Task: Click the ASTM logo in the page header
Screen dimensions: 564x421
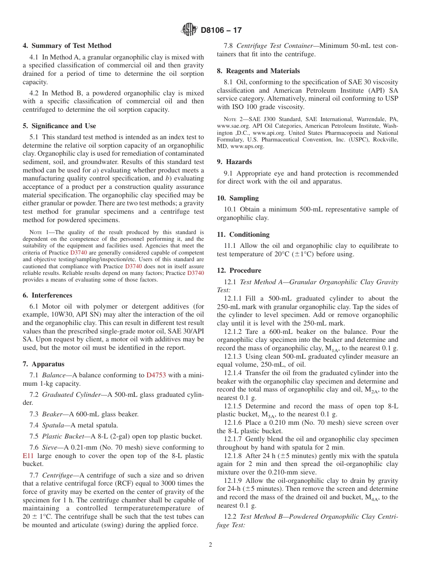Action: click(x=189, y=30)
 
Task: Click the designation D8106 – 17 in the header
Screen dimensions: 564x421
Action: click(x=221, y=30)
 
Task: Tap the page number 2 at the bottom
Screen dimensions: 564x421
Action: click(x=210, y=545)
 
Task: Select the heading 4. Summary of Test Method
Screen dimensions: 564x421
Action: click(x=67, y=46)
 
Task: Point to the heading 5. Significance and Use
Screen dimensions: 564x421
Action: click(x=59, y=126)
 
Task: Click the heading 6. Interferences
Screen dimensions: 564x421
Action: click(x=47, y=295)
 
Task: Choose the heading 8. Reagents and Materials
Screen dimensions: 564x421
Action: click(x=258, y=71)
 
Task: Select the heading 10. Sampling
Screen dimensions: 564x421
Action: click(x=238, y=198)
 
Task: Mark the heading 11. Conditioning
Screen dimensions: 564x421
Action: click(x=243, y=235)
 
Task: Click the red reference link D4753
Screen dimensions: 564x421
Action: click(x=156, y=375)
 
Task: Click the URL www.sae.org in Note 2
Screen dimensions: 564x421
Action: click(x=231, y=126)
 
